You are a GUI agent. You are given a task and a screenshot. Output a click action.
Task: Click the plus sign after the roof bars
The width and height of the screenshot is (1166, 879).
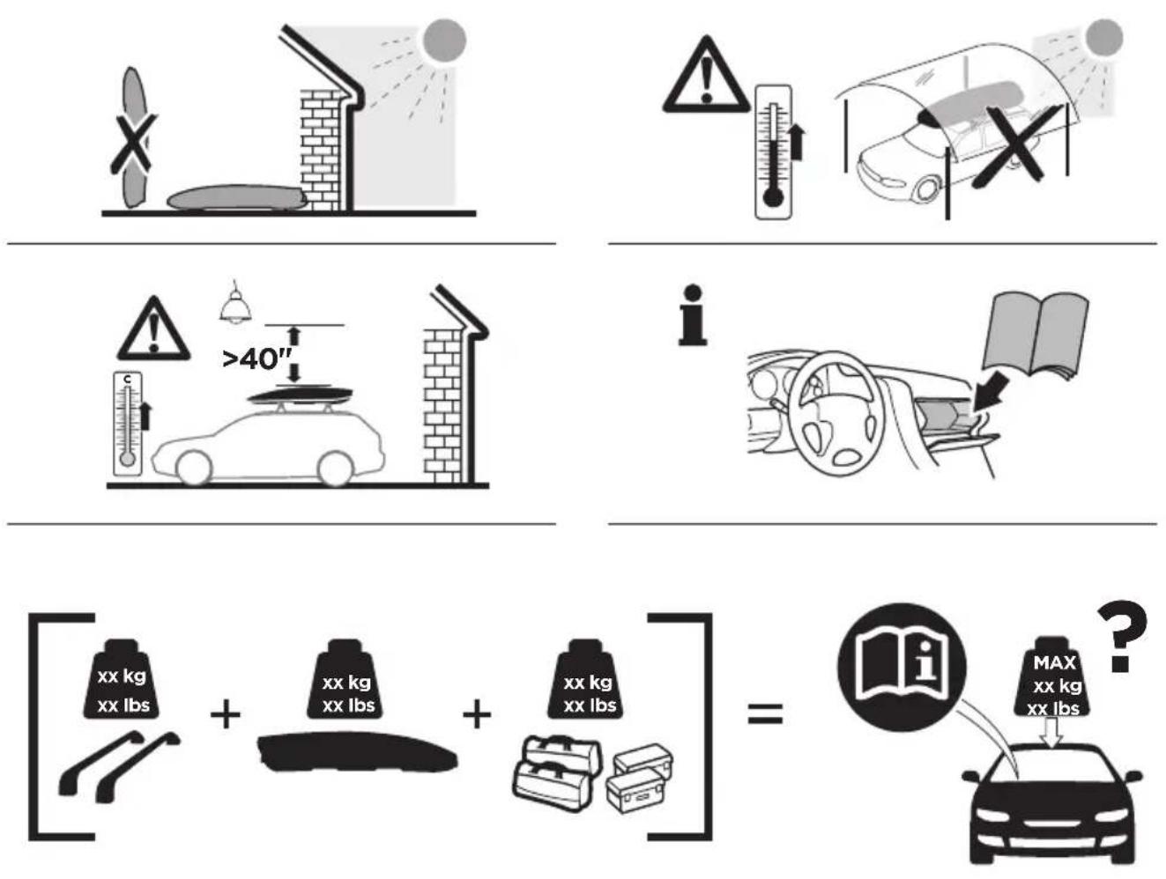(x=226, y=714)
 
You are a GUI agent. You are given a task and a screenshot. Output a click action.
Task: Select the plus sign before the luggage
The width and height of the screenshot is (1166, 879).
(x=477, y=714)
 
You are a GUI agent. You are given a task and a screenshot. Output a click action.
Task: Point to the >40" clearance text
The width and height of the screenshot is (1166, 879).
(x=257, y=359)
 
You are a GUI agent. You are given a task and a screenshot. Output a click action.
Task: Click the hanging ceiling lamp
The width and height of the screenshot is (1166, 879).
(x=234, y=303)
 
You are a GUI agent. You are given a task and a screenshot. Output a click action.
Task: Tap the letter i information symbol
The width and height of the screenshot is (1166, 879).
(x=694, y=315)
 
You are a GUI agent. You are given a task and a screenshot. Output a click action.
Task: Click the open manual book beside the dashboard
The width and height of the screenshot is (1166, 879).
(x=1035, y=335)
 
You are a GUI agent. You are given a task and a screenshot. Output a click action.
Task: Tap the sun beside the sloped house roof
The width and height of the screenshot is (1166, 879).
(x=444, y=41)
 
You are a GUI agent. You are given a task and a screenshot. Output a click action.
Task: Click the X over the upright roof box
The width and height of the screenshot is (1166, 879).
(x=133, y=144)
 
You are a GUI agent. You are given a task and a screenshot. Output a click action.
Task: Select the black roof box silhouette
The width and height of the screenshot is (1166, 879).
(x=357, y=751)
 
